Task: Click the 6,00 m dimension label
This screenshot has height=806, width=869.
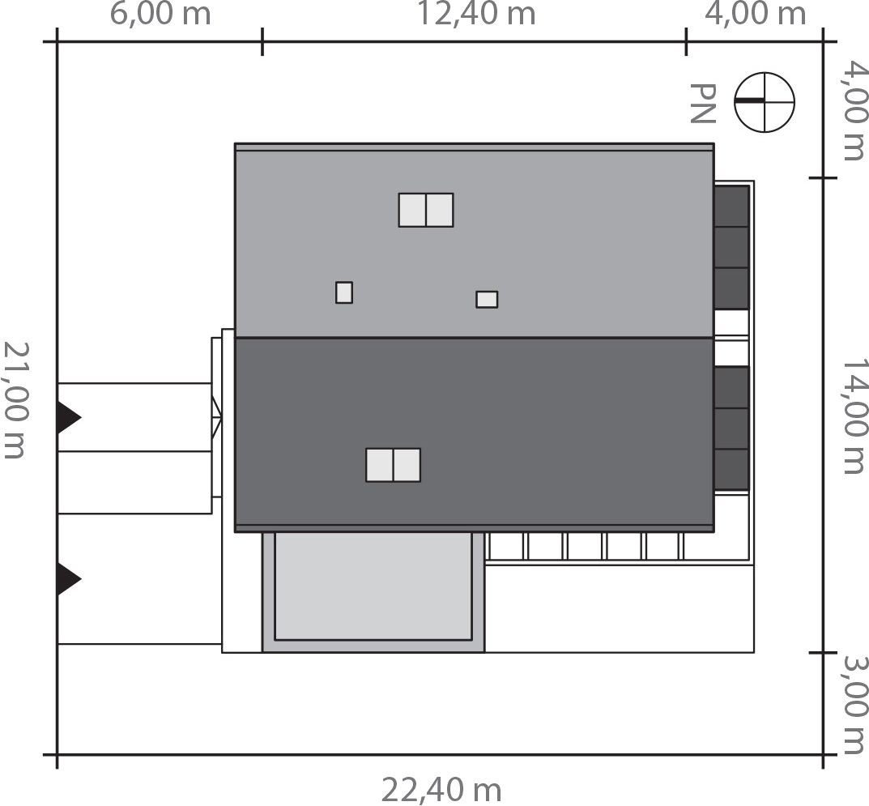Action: pos(160,14)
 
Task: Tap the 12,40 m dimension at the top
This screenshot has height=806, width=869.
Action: pos(476,14)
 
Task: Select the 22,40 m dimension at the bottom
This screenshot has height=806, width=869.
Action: pos(441,791)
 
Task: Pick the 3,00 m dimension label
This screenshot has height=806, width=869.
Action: pos(854,705)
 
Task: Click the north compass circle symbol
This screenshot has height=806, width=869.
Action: pos(765,102)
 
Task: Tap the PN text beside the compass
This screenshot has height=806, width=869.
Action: pos(703,103)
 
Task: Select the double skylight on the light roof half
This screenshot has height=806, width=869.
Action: pos(426,210)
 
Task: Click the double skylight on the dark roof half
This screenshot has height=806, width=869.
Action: pos(393,465)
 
